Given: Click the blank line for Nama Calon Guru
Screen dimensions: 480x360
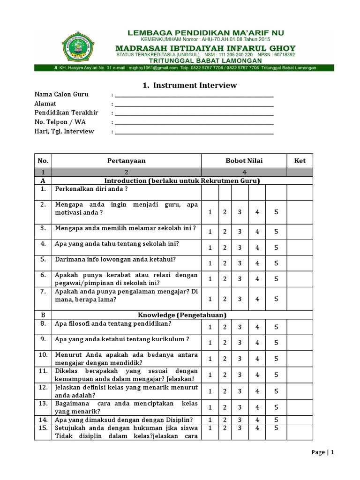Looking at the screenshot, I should (194, 95).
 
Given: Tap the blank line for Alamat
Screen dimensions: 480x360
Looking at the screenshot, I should (194, 105).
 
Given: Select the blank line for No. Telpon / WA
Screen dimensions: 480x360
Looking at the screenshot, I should (194, 123).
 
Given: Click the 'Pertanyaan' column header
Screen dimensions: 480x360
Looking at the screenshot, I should (126, 160).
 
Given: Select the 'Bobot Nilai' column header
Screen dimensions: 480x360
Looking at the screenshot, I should (244, 160).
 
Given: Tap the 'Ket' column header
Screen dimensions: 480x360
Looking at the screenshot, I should (300, 160).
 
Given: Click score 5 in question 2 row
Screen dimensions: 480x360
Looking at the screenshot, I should (276, 212).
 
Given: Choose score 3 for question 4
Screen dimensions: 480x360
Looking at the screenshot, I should (240, 247).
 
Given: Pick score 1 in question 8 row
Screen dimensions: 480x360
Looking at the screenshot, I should (210, 327).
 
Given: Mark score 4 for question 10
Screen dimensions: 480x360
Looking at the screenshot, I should (257, 359).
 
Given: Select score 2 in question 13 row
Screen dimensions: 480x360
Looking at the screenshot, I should (225, 407).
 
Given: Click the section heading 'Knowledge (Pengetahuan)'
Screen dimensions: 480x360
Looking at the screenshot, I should (181, 315).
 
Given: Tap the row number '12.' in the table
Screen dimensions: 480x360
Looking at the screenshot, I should (43, 388).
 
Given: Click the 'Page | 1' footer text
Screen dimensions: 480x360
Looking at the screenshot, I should (323, 452).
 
